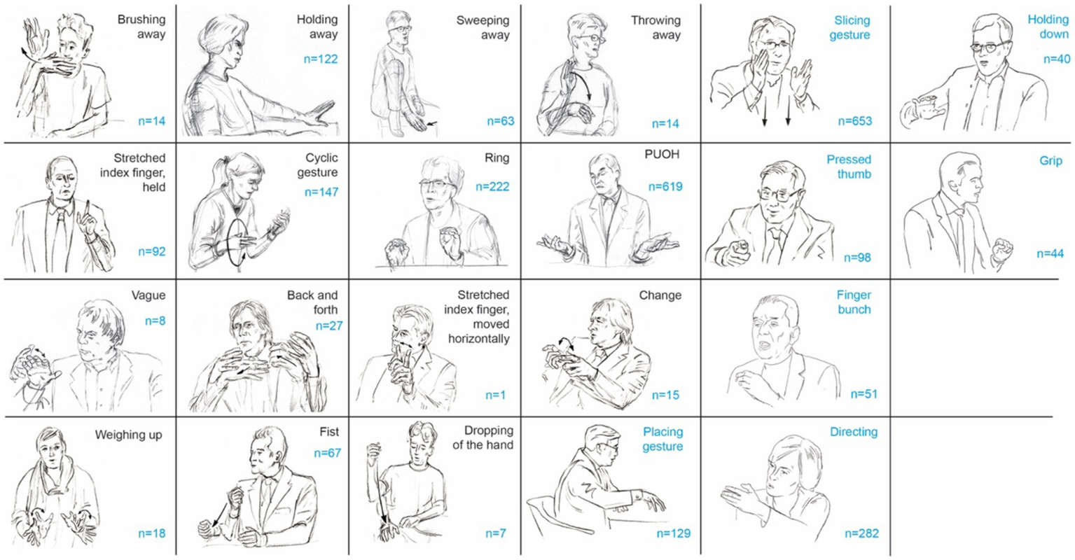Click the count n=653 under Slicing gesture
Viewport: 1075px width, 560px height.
[x=854, y=121]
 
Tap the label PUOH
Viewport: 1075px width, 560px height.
[x=662, y=155]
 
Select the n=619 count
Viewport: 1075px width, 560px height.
[x=665, y=187]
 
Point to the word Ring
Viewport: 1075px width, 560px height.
[x=497, y=158]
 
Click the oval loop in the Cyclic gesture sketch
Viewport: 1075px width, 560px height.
[x=228, y=243]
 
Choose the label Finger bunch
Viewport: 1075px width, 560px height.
[x=854, y=302]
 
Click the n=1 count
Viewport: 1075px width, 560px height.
[x=495, y=395]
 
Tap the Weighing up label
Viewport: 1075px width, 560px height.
[x=129, y=435]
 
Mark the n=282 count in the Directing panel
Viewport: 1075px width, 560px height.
[x=861, y=533]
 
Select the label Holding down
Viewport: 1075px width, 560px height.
[x=1048, y=27]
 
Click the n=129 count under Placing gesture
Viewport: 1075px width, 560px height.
[x=673, y=533]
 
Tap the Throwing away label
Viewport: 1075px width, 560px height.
[x=656, y=27]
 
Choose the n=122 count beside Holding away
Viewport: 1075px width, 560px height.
[x=321, y=59]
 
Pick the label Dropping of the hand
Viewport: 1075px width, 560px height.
[x=483, y=437]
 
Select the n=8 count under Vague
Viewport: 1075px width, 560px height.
[x=155, y=321]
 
